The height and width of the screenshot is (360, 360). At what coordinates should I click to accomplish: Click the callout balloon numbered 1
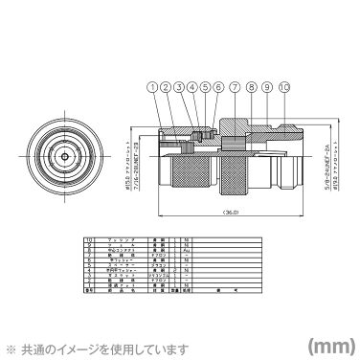click(x=152, y=87)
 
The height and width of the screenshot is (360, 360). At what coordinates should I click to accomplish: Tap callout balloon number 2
click(x=166, y=87)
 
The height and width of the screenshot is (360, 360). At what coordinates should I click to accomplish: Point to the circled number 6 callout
click(x=218, y=87)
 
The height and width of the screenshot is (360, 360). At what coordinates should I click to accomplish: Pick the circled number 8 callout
click(x=252, y=87)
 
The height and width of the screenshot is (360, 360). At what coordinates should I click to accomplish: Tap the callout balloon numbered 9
click(x=267, y=87)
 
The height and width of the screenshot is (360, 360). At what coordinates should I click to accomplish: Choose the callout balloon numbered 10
click(x=283, y=87)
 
